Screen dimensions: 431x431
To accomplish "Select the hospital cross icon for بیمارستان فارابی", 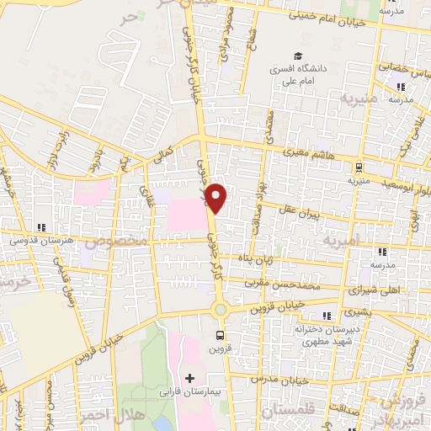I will click(190, 378).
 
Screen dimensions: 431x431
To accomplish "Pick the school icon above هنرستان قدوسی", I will click(40, 226).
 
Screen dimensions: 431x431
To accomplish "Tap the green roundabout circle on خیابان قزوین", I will click(221, 310).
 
